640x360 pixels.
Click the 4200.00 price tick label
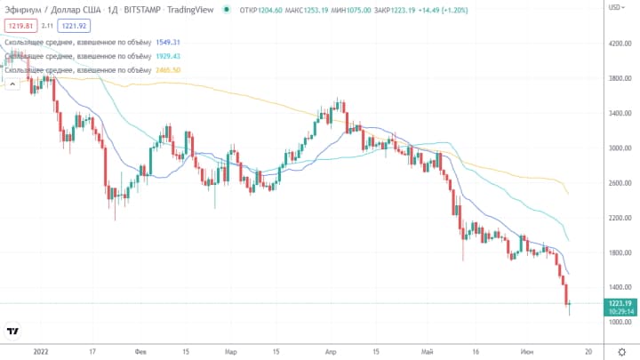pos(619,44)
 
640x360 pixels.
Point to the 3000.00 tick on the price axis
pos(619,148)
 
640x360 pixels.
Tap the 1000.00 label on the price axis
pos(619,322)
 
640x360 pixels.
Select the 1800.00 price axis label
pos(619,252)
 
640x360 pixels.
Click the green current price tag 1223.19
pos(619,303)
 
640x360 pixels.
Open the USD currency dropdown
pos(615,8)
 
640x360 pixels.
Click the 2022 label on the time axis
pos(40,351)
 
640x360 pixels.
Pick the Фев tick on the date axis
pos(140,351)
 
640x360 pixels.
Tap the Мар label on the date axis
pos(231,351)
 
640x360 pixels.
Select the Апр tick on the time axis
pos(331,351)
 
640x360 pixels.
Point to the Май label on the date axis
pos(430,351)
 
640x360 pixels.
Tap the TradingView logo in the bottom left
pos(13,332)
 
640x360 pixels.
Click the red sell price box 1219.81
pos(20,27)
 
